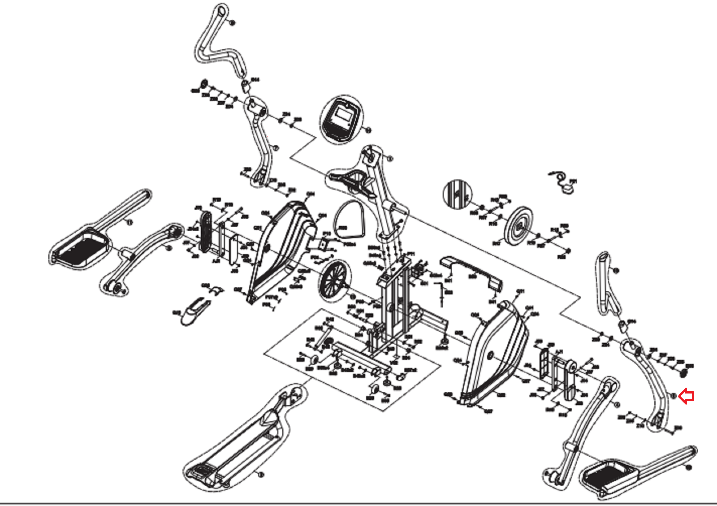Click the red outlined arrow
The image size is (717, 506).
coord(687,396)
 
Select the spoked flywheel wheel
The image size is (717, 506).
coord(333,279)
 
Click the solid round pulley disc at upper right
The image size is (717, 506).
coord(518,226)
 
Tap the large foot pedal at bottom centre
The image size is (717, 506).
coord(238,448)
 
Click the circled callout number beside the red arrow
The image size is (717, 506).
coord(673,395)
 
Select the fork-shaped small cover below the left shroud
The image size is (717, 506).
coord(195,309)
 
